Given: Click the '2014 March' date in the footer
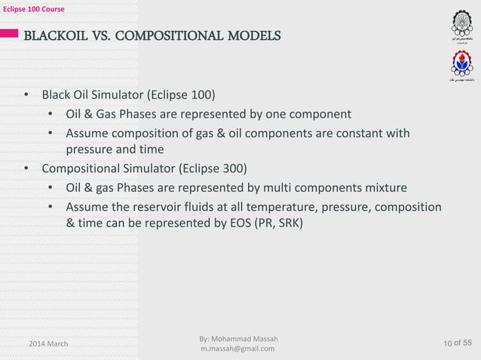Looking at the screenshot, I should [x=47, y=343].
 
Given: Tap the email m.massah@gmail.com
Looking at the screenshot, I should [x=237, y=349].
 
